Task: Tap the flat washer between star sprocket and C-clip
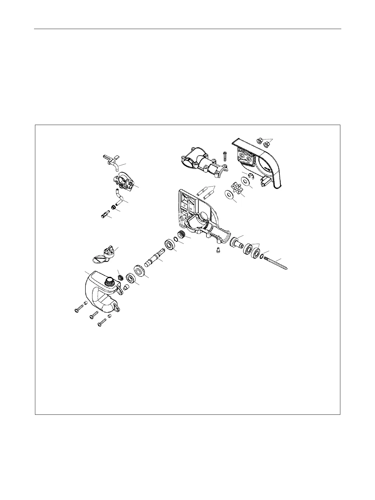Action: (x=245, y=181)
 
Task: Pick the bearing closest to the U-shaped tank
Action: (x=130, y=279)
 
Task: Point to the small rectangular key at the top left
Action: (x=116, y=156)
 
